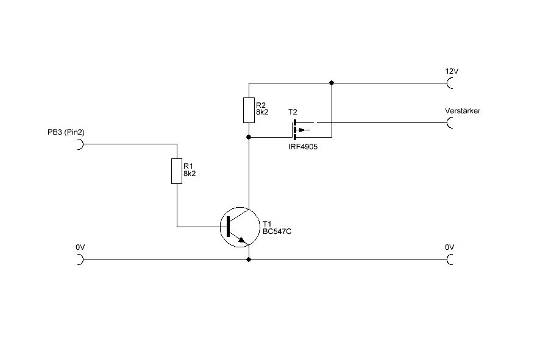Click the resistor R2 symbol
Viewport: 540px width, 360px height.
(249, 109)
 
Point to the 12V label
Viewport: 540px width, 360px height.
(452, 71)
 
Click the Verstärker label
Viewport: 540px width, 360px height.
(463, 111)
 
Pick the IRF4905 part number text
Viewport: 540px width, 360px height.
(302, 147)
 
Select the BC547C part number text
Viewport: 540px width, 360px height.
(277, 232)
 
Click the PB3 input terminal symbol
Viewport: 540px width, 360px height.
(79, 145)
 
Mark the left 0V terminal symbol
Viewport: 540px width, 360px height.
(79, 259)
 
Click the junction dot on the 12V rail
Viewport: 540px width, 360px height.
(332, 82)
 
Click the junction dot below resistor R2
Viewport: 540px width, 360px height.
(249, 137)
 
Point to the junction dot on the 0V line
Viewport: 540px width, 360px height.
(249, 259)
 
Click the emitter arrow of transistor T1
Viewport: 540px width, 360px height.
(245, 241)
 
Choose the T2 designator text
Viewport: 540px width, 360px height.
(293, 113)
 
